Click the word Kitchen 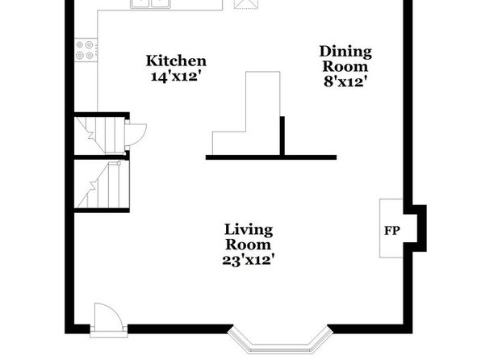[176, 61]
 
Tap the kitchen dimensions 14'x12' [178, 76]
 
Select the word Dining [345, 52]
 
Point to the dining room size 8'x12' [345, 82]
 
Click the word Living [249, 230]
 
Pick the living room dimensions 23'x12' [249, 260]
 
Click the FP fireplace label [392, 231]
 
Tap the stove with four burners [86, 50]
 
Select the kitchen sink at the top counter [150, 3]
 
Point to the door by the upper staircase [136, 135]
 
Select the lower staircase [101, 184]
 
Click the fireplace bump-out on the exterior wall [417, 228]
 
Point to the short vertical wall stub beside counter [282, 136]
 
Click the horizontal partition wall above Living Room [271, 157]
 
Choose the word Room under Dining [345, 67]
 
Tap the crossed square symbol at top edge [245, 4]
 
